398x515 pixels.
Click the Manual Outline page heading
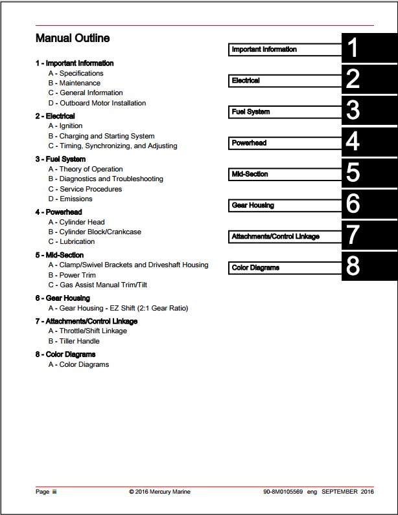point(73,39)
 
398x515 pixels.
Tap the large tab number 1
point(353,49)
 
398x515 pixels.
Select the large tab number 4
point(353,142)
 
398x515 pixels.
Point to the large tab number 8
point(353,267)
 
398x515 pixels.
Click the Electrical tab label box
point(285,81)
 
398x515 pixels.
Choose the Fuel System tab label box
point(285,112)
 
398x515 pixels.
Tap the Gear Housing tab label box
point(285,205)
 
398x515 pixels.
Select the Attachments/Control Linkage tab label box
point(285,237)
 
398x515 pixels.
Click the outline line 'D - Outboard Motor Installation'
point(97,103)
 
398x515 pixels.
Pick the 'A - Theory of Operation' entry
point(86,169)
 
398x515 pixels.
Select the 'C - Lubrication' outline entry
point(71,241)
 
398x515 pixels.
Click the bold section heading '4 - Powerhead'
point(58,212)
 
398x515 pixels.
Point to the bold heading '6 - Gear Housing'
point(62,298)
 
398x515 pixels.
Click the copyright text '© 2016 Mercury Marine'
point(159,492)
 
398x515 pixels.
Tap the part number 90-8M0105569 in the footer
point(283,492)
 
